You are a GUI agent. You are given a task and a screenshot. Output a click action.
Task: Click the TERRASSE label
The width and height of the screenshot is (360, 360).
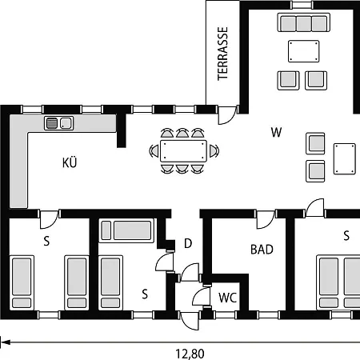tap(223, 54)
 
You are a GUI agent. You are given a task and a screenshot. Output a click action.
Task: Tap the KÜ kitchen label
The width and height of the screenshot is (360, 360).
tap(70, 162)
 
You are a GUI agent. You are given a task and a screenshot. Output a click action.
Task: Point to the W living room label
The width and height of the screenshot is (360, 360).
tap(276, 132)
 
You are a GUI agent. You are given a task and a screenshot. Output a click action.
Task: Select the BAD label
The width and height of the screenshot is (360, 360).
tap(262, 250)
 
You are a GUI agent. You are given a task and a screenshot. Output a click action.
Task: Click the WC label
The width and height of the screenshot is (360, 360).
tap(227, 298)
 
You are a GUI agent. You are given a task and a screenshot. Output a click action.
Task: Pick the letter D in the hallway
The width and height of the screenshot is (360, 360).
tap(188, 243)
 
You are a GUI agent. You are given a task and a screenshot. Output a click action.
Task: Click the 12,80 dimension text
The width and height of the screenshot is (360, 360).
tap(190, 354)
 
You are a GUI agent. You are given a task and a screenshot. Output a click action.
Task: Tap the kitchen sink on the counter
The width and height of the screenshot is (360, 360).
tap(58, 123)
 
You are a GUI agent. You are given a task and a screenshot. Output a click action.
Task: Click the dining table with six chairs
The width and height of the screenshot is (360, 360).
tap(183, 151)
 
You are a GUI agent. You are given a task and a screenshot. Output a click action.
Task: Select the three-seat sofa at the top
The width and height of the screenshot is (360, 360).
tap(304, 22)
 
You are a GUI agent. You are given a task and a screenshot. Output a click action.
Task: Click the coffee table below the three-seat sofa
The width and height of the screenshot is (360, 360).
tap(304, 51)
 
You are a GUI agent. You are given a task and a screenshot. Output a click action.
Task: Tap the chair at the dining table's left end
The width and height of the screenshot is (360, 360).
tap(154, 151)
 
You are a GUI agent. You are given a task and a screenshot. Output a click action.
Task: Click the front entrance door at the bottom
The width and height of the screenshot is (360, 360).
tap(190, 320)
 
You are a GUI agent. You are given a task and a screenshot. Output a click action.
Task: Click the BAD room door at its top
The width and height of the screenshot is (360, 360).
tap(266, 219)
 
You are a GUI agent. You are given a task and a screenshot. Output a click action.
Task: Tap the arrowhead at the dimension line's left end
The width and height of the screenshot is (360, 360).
tap(5, 342)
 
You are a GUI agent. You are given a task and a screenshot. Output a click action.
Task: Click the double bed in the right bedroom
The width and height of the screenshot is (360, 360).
tap(338, 282)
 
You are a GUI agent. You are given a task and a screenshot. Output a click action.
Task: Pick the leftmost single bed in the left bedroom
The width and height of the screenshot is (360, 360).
tap(22, 282)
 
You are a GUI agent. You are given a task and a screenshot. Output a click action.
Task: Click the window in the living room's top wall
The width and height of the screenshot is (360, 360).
tap(302, 5)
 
